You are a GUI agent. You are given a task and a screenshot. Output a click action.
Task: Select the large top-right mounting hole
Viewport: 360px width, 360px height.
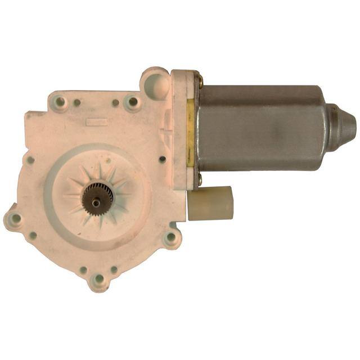pos(133,102)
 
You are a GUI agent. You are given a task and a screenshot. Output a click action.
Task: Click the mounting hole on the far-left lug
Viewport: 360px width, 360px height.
pos(16,218)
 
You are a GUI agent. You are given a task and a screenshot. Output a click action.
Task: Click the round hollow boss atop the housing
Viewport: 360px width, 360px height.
pos(154,82)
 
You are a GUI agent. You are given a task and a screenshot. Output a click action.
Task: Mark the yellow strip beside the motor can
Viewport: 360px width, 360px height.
pos(190,132)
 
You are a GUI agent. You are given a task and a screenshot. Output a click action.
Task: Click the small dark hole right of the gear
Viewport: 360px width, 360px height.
pos(163,159)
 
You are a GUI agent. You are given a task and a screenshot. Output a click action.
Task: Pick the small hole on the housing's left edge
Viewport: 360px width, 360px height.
pos(31,160)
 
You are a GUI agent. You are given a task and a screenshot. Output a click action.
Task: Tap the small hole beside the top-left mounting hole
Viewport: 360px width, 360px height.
pos(77,103)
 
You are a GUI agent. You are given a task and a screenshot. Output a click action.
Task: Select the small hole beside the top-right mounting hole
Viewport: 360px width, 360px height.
pos(115,103)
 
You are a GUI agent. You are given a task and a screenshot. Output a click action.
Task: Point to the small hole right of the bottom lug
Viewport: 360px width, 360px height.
pos(114,270)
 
